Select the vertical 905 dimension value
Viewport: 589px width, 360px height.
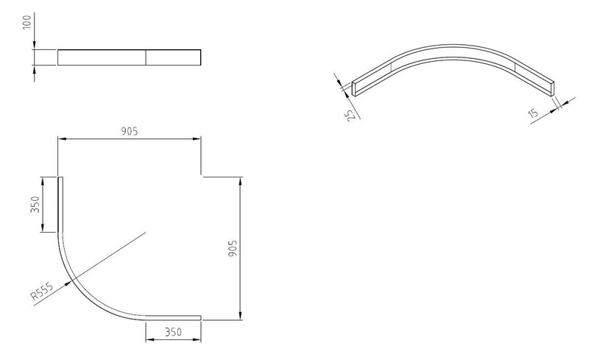(x=233, y=248)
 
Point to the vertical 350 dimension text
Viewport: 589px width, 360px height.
(x=35, y=205)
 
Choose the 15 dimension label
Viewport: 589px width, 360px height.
(x=532, y=113)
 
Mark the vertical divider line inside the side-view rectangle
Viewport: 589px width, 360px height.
(x=146, y=57)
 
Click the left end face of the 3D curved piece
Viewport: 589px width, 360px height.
(x=356, y=88)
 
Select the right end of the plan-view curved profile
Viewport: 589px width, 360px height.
(x=200, y=318)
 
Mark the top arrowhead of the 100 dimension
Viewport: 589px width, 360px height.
(x=35, y=45)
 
